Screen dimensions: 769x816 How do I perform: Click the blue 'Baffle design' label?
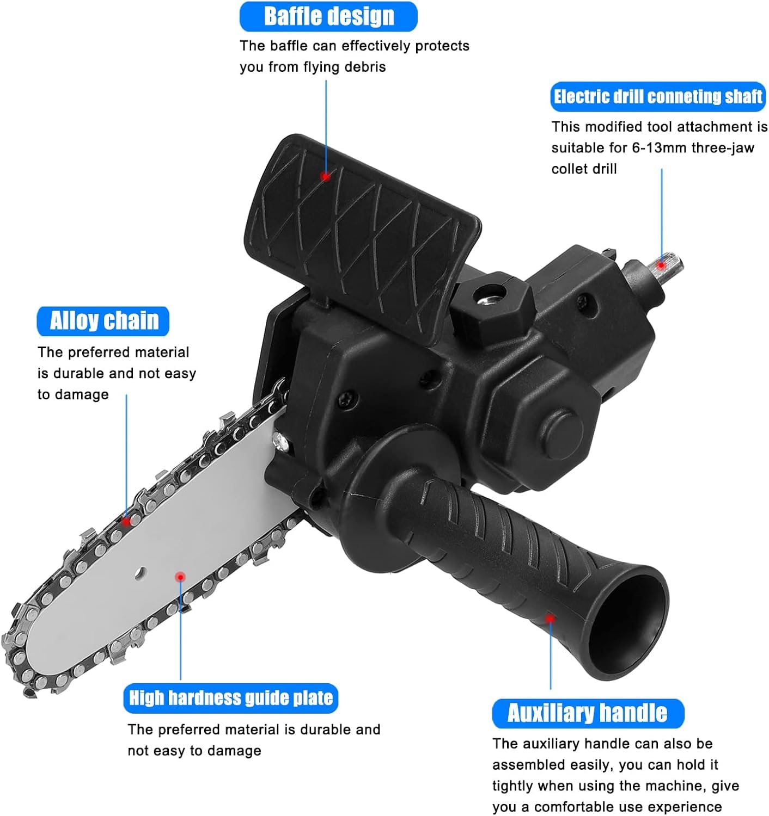pos(328,16)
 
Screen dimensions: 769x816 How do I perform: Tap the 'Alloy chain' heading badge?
pos(103,322)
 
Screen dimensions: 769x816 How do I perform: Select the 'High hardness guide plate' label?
pos(231,698)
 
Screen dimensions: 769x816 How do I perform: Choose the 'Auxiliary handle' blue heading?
pos(588,713)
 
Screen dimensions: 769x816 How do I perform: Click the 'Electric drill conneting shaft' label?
pos(658,97)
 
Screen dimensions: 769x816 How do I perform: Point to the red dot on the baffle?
pos(326,177)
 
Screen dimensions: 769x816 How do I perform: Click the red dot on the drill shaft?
pos(661,265)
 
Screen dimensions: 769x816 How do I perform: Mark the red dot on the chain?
pos(126,521)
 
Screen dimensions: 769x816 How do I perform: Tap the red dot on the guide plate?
pos(180,577)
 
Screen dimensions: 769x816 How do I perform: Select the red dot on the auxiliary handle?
pos(550,619)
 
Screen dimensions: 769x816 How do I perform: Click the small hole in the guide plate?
pos(141,572)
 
